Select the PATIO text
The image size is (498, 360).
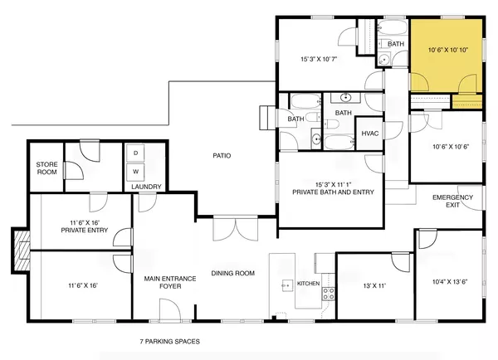tap(221, 155)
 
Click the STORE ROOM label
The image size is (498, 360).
tap(46, 169)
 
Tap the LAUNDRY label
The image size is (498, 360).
tap(147, 187)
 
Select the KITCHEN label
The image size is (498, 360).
tap(309, 285)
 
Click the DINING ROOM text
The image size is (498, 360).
tap(232, 273)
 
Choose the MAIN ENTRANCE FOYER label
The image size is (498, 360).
tap(169, 284)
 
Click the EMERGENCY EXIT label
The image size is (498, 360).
tap(453, 201)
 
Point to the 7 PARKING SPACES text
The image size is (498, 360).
tap(170, 341)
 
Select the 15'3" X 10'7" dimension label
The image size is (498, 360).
tap(320, 58)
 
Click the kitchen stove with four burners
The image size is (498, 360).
tap(328, 293)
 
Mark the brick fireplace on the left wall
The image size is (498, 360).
tap(18, 246)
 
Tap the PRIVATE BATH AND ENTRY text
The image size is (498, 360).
tap(333, 192)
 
